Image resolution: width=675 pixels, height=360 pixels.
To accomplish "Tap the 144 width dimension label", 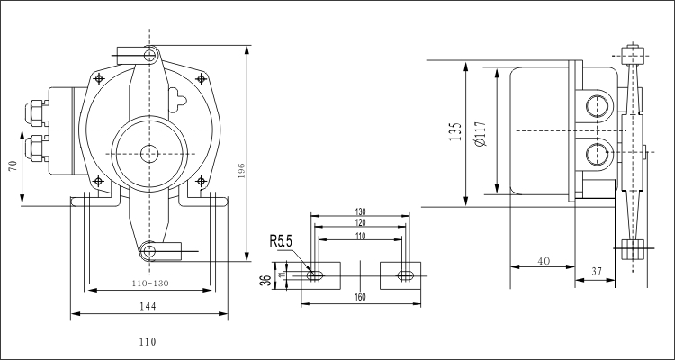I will click(x=148, y=306).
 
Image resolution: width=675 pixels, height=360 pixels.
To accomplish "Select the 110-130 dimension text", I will click(x=148, y=283).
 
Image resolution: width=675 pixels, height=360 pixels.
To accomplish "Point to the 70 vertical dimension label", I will click(x=13, y=167).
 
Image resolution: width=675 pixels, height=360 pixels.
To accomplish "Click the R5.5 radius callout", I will click(x=283, y=242).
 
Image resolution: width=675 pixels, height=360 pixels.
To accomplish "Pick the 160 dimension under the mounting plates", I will click(x=360, y=296).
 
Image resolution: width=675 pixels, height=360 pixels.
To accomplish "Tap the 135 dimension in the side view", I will click(x=455, y=133).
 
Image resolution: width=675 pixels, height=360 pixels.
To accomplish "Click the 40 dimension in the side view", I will click(x=544, y=261).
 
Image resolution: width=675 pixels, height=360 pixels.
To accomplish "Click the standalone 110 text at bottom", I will click(x=148, y=341).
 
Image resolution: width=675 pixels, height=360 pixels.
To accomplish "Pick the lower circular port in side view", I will click(x=596, y=154).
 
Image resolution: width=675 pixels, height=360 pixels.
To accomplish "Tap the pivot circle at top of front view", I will click(x=151, y=55).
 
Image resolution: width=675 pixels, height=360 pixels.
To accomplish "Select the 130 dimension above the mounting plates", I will click(x=360, y=212).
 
